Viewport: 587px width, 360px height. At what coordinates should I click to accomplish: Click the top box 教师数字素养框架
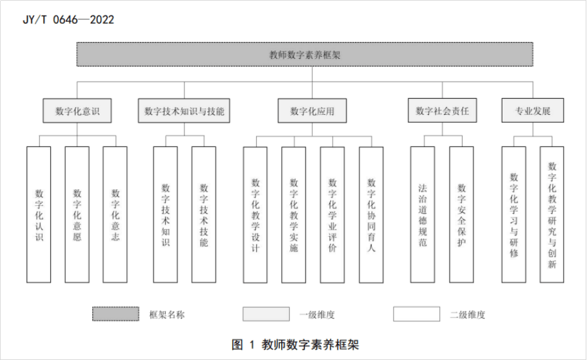(304, 54)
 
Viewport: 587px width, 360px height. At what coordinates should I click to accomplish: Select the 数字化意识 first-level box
(77, 110)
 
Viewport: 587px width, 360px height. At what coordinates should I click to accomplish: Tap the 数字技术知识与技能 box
(184, 110)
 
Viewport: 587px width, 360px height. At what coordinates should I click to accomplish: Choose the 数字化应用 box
(312, 110)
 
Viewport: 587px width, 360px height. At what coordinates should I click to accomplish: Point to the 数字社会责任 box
(442, 110)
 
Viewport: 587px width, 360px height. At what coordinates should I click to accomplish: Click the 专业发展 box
(533, 110)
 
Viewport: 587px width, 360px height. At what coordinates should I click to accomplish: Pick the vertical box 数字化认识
(39, 215)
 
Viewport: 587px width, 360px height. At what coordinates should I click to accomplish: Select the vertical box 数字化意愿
(77, 215)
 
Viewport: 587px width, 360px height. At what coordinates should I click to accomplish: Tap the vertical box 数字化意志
(115, 215)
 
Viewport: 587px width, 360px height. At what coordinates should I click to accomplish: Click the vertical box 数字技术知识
(166, 215)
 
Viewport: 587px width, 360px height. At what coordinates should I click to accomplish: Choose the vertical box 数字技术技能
(204, 215)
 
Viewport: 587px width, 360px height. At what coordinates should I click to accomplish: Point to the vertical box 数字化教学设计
(255, 215)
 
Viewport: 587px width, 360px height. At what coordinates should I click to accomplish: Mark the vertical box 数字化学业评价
(332, 215)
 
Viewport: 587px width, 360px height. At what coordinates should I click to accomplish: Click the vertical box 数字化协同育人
(371, 215)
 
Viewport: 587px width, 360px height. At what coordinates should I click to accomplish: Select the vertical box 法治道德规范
(423, 215)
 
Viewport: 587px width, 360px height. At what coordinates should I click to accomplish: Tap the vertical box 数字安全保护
(461, 215)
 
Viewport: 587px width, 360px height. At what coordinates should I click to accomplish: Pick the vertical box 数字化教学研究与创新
(552, 215)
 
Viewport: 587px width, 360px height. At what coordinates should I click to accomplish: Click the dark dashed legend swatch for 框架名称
(115, 314)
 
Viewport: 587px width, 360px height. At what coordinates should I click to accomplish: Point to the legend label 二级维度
(468, 315)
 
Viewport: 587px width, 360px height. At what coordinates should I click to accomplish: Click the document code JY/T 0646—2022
(68, 19)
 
